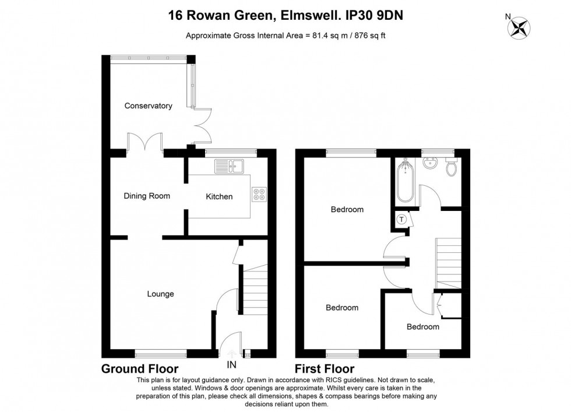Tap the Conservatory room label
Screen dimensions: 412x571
point(148,106)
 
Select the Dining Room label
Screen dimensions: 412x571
point(147,196)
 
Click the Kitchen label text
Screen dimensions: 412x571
point(219,197)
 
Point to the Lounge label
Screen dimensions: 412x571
point(160,294)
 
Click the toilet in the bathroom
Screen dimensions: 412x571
point(450,168)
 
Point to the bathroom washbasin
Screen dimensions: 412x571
point(431,163)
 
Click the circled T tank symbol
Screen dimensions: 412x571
point(401,220)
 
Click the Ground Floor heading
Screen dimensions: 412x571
point(140,369)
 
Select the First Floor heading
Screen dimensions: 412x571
point(325,369)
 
